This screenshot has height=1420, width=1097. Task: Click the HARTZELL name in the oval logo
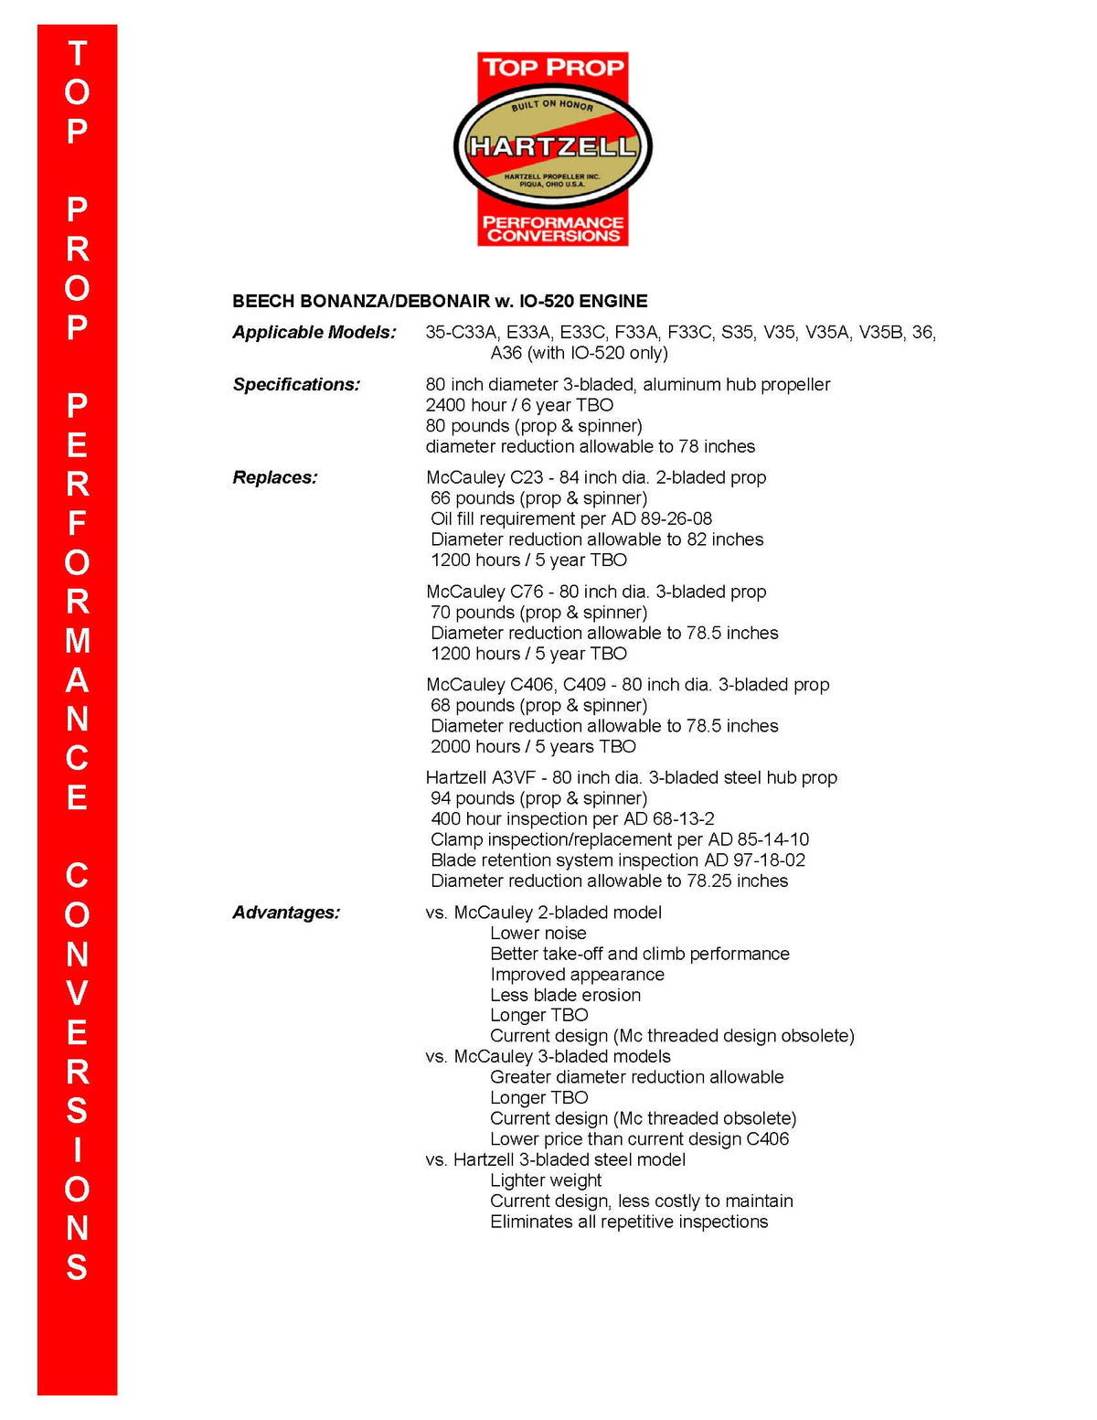(552, 146)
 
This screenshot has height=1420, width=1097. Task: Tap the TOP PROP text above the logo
(552, 68)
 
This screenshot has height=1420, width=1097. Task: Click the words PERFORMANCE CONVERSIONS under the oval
(552, 229)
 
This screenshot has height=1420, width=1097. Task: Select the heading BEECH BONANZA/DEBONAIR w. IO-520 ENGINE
(440, 301)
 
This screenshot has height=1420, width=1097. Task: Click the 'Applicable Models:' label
(314, 332)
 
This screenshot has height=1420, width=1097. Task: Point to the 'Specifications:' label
(296, 384)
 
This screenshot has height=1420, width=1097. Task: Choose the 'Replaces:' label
(275, 477)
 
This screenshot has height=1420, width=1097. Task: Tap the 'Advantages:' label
(286, 913)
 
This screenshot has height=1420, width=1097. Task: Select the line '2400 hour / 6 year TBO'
(519, 405)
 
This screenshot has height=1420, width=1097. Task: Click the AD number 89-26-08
(676, 518)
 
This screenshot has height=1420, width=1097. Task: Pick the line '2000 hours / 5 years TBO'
(533, 746)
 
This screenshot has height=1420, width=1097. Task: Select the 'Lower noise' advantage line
(538, 933)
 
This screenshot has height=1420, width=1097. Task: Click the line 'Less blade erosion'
(565, 995)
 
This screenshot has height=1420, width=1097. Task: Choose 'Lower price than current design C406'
(639, 1138)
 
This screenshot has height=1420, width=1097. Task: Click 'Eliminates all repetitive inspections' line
(629, 1222)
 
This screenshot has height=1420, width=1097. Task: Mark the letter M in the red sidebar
(78, 640)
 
